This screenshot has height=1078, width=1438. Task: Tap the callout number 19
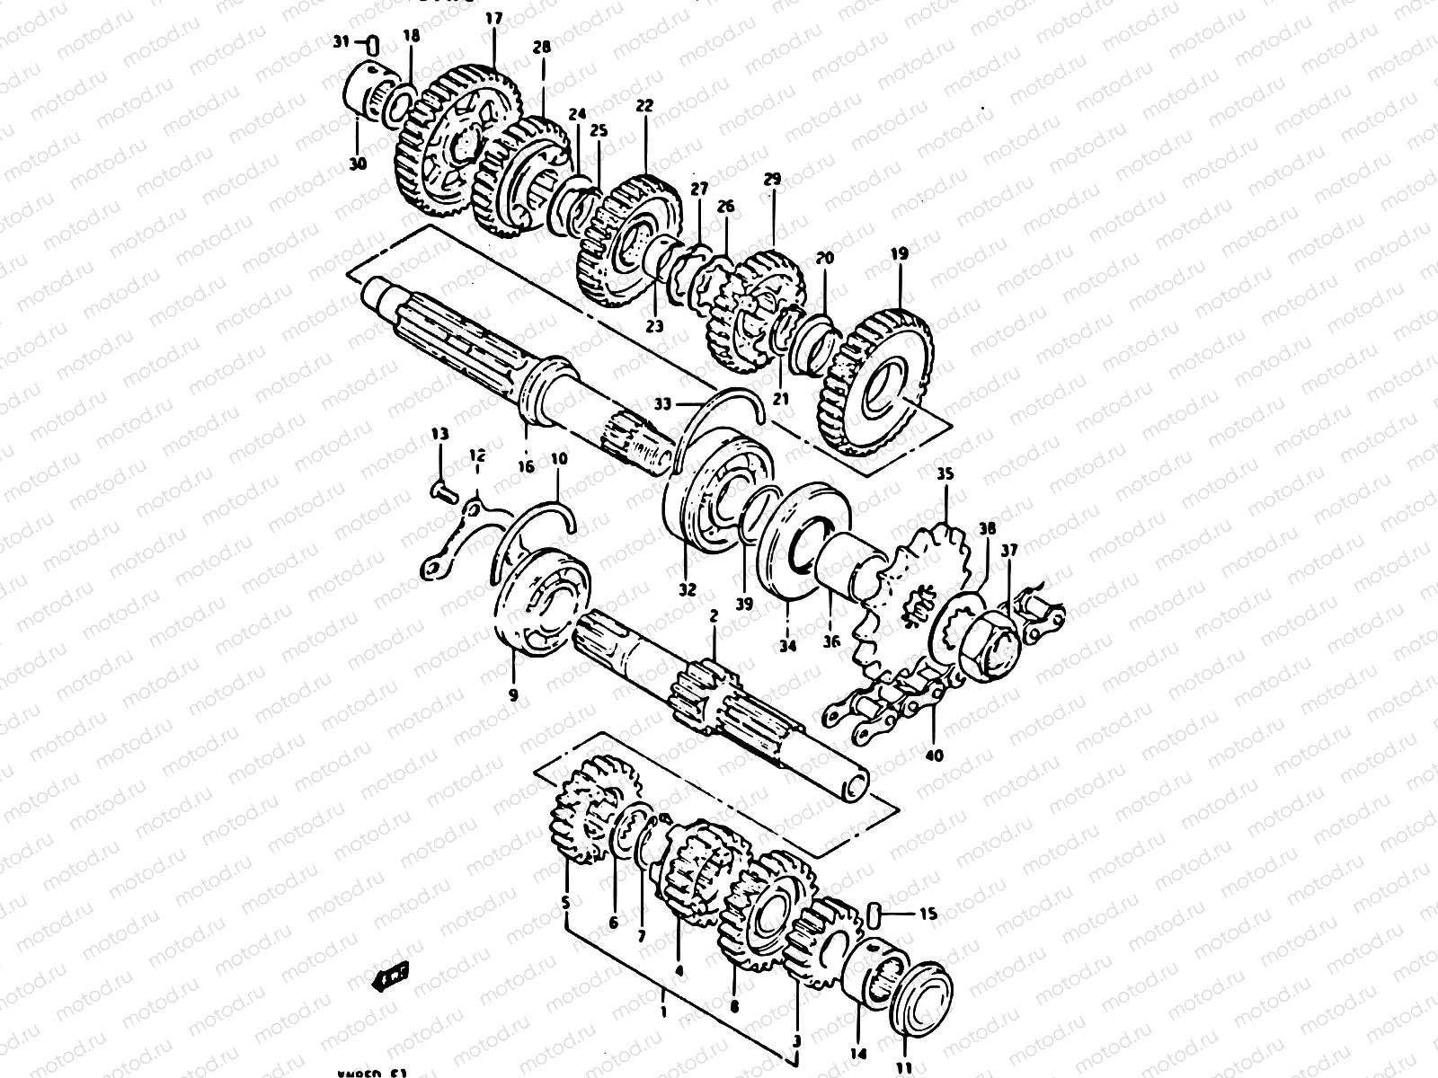click(x=900, y=256)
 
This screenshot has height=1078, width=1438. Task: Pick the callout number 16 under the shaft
click(x=526, y=466)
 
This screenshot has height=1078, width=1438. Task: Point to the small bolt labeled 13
click(x=442, y=490)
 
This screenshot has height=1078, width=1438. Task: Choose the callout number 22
click(x=644, y=105)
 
